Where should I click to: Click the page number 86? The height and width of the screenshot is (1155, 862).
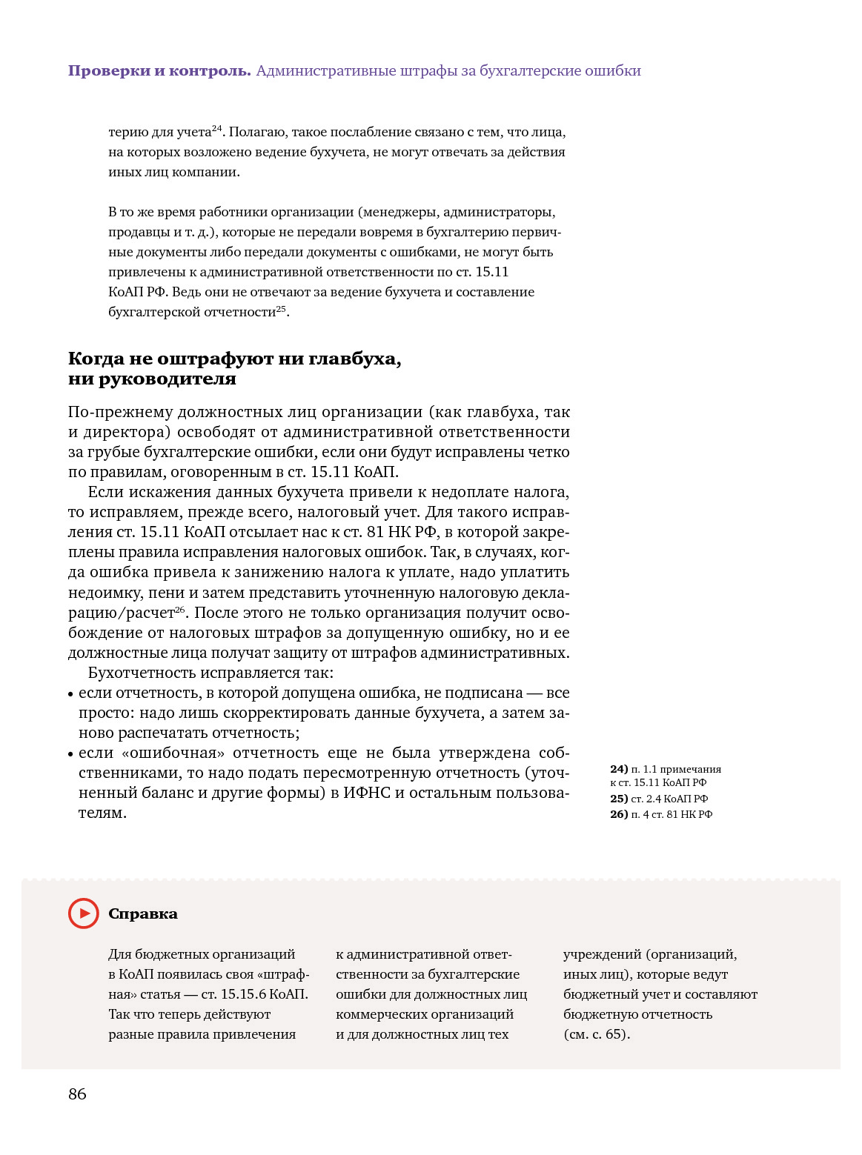77,1094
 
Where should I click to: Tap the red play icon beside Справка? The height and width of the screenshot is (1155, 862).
83,913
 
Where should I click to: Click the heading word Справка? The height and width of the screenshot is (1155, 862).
143,914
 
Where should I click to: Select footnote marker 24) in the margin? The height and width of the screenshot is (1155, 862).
619,769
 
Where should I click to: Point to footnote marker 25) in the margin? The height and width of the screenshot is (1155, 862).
619,799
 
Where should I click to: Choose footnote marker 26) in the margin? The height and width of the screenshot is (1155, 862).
619,814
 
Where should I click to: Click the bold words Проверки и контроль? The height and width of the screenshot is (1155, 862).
159,71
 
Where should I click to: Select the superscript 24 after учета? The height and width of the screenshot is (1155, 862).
217,128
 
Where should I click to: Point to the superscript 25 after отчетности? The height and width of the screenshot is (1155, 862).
281,308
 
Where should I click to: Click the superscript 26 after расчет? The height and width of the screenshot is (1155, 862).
180,609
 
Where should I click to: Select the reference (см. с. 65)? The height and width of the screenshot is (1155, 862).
597,1034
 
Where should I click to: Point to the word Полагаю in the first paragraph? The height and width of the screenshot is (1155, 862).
256,133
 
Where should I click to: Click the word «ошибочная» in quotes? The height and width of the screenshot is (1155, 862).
173,753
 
